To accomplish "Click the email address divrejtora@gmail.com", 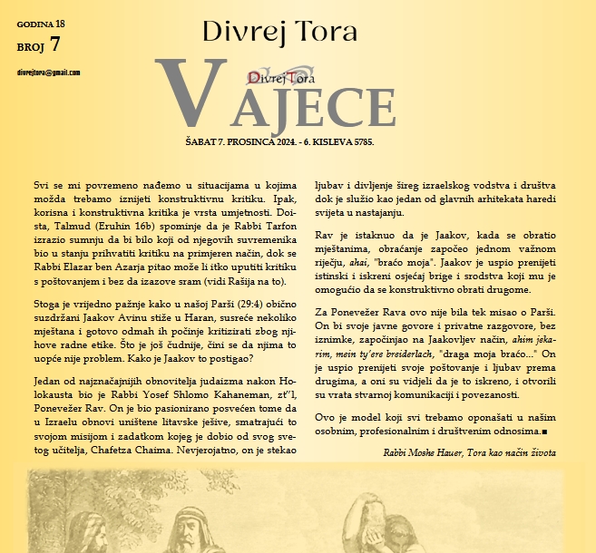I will click(49, 73).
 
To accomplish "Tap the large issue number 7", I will click(56, 44).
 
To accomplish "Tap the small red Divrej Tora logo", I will click(276, 79).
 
